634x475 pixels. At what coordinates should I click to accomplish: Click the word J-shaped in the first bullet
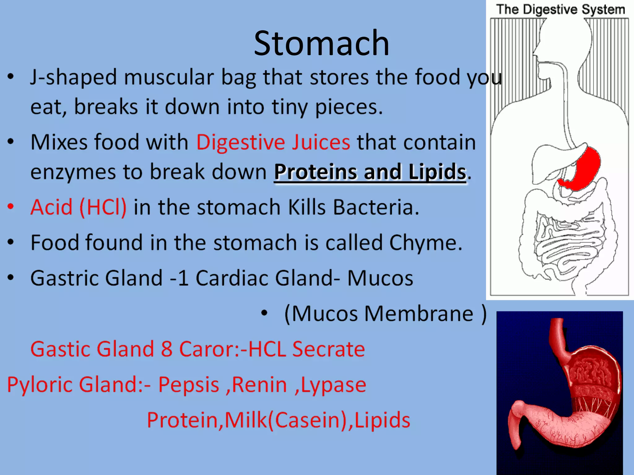pyautogui.click(x=73, y=77)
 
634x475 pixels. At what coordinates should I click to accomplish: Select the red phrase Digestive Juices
pyautogui.click(x=273, y=142)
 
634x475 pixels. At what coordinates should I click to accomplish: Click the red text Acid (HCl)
pyautogui.click(x=79, y=207)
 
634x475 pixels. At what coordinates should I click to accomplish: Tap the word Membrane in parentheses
pyautogui.click(x=419, y=314)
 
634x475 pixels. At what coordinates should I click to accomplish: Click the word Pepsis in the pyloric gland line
pyautogui.click(x=189, y=385)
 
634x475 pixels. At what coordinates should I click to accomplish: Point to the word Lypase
pyautogui.click(x=333, y=385)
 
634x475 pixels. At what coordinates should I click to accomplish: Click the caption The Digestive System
pyautogui.click(x=561, y=9)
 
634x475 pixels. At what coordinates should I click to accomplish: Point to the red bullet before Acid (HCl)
pyautogui.click(x=11, y=206)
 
